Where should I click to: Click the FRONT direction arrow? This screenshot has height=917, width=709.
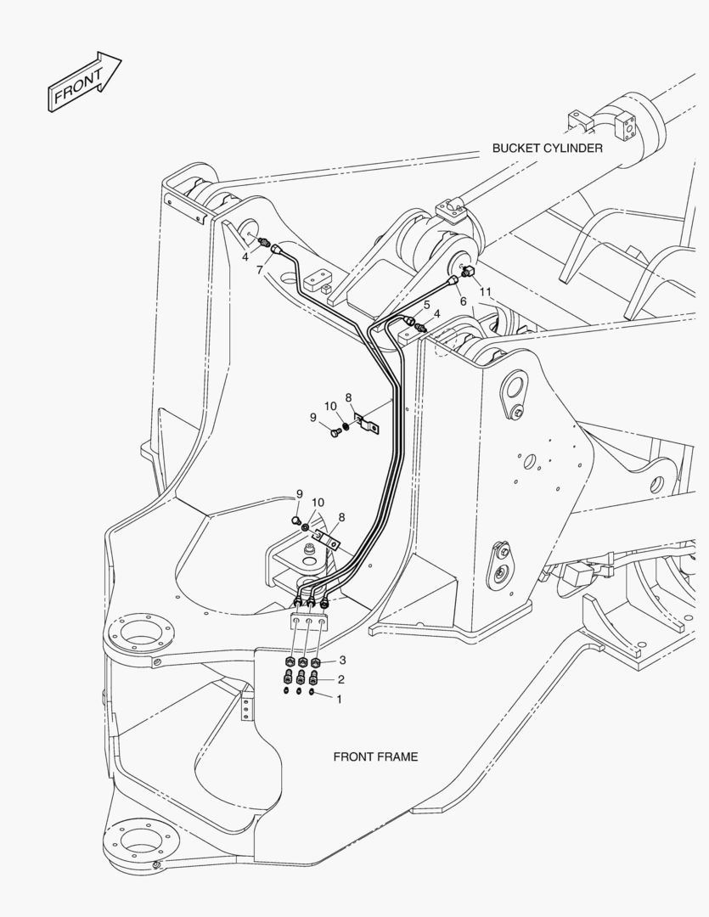pos(84,82)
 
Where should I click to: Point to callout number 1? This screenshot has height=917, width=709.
pos(340,700)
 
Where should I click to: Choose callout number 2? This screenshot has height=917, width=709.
pos(340,679)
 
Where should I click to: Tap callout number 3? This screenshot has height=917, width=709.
pos(341,660)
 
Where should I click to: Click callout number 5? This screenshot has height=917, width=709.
pos(427,305)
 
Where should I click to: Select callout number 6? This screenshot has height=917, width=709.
pos(464,301)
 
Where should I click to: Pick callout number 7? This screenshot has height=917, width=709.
pos(260,269)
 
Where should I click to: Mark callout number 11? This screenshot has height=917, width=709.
pos(485,292)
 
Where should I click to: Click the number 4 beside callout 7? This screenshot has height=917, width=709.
pos(245,256)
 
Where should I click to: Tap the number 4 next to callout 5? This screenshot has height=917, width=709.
pos(437,314)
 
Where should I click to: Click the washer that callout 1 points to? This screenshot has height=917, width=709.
pos(313,694)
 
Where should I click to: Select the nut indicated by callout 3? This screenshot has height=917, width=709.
pos(316,663)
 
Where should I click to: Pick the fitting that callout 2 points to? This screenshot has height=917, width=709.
pos(315,678)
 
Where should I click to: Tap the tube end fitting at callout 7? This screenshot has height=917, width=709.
pos(275,250)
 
